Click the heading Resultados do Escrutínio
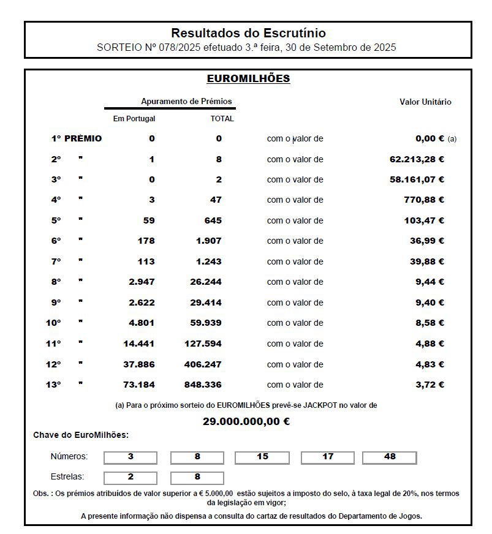(x=248, y=33)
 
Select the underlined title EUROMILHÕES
(x=248, y=79)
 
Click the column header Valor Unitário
(x=425, y=102)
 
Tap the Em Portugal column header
(x=134, y=119)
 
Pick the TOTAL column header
(x=222, y=119)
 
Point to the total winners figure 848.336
(x=203, y=385)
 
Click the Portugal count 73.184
(x=139, y=385)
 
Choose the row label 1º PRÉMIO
(x=77, y=138)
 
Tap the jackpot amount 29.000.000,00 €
(x=246, y=421)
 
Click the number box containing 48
(x=390, y=457)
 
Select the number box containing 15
(x=262, y=457)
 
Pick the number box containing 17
(x=328, y=457)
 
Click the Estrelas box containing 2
(x=131, y=478)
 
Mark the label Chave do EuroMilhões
(x=81, y=435)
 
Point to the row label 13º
(x=53, y=385)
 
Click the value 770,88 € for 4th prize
(x=424, y=200)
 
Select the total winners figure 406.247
(x=203, y=364)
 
